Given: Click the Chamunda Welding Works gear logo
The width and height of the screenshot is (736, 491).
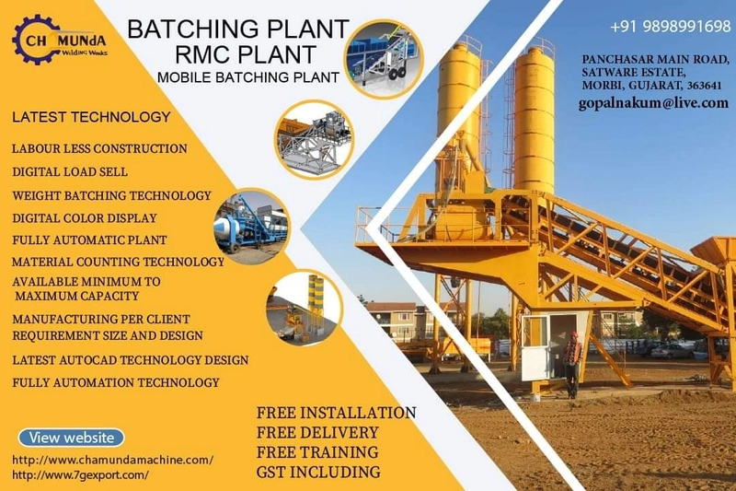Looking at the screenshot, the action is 60,40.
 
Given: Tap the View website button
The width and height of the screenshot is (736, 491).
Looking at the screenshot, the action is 72,438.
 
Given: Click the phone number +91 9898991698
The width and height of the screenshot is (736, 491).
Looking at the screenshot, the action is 671,27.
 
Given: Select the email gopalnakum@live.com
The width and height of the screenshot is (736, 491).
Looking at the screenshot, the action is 653,103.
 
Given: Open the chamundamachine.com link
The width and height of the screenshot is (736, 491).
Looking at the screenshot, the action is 112,460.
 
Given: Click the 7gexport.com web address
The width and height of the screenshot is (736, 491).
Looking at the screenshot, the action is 80,474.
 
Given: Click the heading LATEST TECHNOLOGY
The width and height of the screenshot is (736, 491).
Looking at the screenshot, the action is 91,116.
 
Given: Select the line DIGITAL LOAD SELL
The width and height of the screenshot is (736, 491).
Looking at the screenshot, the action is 70,171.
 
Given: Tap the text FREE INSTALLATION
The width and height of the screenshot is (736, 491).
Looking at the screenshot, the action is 336,413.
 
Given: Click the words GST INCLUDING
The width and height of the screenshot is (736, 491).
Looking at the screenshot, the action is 318,472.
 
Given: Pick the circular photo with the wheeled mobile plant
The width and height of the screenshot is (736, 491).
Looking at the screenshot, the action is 384,59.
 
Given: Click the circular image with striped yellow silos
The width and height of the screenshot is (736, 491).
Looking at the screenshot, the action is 305,309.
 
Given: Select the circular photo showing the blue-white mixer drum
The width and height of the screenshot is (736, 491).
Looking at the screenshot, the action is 252,227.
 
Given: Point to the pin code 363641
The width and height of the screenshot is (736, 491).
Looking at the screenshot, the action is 704,86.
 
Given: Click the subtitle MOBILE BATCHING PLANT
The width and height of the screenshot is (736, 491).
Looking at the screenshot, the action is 248,77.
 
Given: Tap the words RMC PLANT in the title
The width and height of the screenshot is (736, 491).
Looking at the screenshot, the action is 246,53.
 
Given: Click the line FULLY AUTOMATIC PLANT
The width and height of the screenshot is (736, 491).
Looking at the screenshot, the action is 89,240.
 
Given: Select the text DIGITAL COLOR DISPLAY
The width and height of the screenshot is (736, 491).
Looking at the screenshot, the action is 85,218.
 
